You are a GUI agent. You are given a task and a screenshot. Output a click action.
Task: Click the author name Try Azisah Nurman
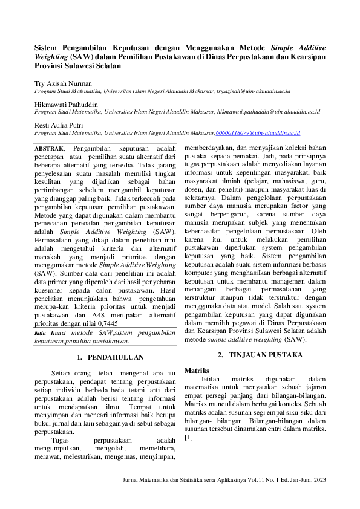(x=63, y=83)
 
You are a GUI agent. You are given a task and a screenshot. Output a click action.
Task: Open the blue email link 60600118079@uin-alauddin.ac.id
(x=258, y=133)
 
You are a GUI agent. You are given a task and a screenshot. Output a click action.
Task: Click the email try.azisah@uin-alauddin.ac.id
(x=254, y=91)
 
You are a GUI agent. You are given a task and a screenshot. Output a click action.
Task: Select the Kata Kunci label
(x=50, y=332)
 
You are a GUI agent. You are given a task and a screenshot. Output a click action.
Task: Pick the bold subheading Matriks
(x=197, y=369)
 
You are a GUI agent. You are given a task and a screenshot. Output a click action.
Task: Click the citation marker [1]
(x=189, y=437)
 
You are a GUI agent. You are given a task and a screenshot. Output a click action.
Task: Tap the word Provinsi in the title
(x=50, y=66)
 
